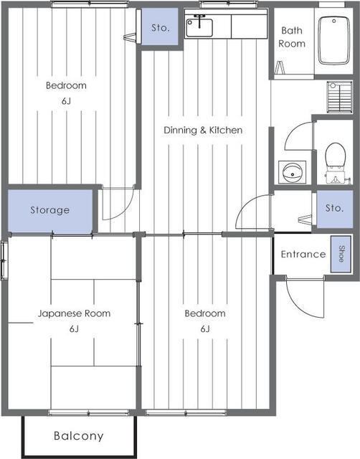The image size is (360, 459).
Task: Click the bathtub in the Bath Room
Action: coord(334,40)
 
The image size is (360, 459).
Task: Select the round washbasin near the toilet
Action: coord(292,172)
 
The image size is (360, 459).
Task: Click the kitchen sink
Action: coord(199,27)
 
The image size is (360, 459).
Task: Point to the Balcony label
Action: coord(78,435)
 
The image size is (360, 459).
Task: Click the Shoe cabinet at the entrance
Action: coord(341,254)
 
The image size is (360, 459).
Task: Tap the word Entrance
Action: coord(303,254)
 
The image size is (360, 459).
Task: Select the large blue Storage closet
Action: coord(50,210)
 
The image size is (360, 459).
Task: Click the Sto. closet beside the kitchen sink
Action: coord(160,27)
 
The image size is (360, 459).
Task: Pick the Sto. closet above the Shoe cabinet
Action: coord(334,209)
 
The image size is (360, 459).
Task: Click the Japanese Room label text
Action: coord(74,313)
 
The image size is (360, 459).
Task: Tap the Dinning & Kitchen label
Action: coord(203,130)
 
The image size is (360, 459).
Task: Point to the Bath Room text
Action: coord(291,37)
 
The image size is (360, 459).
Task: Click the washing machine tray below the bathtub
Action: coord(339,97)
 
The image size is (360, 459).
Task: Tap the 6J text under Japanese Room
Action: coord(74,329)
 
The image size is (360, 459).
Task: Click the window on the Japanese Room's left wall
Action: coord(4,260)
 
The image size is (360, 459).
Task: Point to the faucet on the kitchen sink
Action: coord(199,21)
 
